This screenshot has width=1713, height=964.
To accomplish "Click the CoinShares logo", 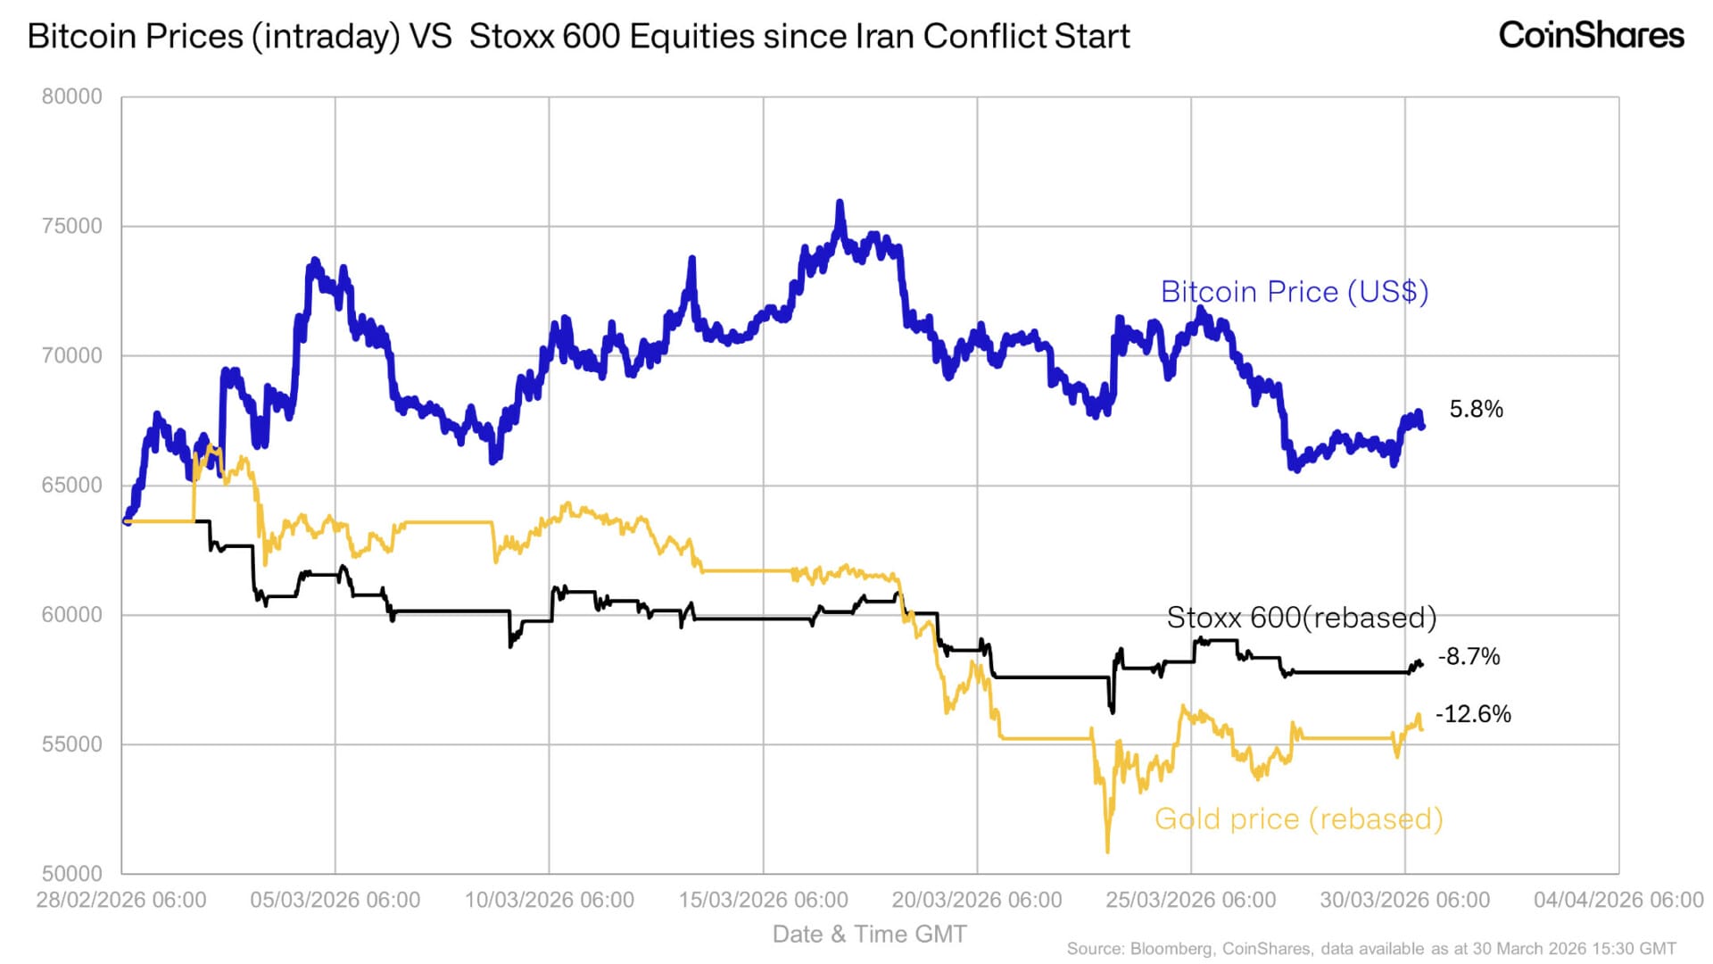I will click(x=1591, y=36).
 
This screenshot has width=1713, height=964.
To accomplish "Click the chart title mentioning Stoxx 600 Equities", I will click(x=578, y=37).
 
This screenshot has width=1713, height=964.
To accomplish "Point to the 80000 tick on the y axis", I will click(x=72, y=96).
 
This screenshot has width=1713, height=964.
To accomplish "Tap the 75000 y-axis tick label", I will click(x=72, y=226).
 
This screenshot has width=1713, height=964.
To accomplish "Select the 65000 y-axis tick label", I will click(x=72, y=485).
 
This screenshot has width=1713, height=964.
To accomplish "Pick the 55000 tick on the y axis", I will click(x=72, y=744).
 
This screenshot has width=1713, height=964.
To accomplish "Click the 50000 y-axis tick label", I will click(x=72, y=873).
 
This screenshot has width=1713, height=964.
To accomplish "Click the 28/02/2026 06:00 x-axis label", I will click(x=121, y=900).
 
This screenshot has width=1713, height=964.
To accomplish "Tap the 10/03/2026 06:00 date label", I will click(x=550, y=900).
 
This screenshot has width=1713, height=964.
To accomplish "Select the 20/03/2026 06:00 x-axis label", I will click(x=977, y=900).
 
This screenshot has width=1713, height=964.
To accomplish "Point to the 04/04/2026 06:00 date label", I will click(x=1618, y=900).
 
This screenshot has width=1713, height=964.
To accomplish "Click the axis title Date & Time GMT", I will click(x=869, y=934).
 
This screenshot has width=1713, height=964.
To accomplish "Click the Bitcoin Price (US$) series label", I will click(x=1295, y=292).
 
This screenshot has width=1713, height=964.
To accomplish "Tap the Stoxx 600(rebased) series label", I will click(x=1302, y=618).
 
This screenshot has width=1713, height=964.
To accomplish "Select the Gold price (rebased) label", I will click(x=1298, y=819).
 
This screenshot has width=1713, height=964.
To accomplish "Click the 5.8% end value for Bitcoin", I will click(x=1476, y=409).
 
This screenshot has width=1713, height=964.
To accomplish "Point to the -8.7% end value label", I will click(x=1469, y=656).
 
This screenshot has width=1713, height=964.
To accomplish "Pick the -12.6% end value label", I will click(x=1473, y=714).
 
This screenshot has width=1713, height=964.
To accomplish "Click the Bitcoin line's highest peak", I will click(x=840, y=204).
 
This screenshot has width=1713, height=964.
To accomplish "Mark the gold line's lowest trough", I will click(x=1107, y=851).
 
